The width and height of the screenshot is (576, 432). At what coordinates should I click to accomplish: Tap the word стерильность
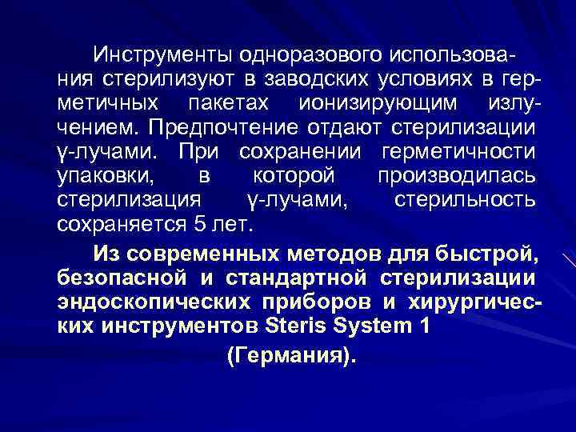coord(465,199)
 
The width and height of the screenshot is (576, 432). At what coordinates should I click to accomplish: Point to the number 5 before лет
coord(200,224)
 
